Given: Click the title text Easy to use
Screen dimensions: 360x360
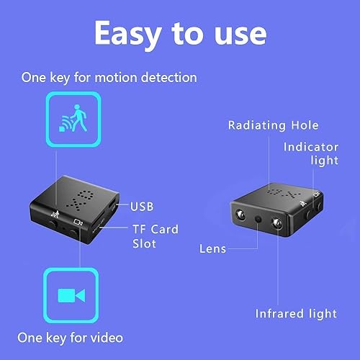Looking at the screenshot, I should (x=180, y=32).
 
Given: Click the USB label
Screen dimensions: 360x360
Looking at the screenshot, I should (x=143, y=207).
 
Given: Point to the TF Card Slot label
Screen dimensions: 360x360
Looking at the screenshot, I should (x=154, y=236).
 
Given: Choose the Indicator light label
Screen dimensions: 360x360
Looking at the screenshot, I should (x=310, y=153).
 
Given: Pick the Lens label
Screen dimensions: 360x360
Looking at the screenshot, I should (x=212, y=248).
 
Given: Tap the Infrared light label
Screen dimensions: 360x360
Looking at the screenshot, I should (x=296, y=313).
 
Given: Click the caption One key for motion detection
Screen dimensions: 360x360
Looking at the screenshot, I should (x=109, y=77).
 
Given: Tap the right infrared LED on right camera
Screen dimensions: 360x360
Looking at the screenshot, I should (x=276, y=226).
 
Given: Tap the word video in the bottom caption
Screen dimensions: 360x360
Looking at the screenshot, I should (x=107, y=338).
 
